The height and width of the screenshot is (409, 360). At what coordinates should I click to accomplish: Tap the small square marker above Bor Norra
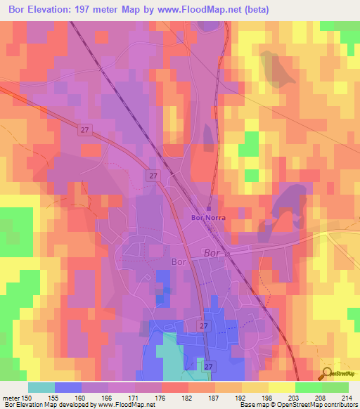pyautogui.click(x=209, y=208)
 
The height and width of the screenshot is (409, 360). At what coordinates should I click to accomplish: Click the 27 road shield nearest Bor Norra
pyautogui.click(x=154, y=174)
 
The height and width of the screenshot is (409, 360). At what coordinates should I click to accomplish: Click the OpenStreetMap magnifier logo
pyautogui.click(x=327, y=373)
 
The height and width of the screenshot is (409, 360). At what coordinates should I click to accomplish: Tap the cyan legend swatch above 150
pyautogui.click(x=41, y=387)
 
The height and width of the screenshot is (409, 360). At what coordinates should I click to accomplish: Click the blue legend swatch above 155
pyautogui.click(x=68, y=387)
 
